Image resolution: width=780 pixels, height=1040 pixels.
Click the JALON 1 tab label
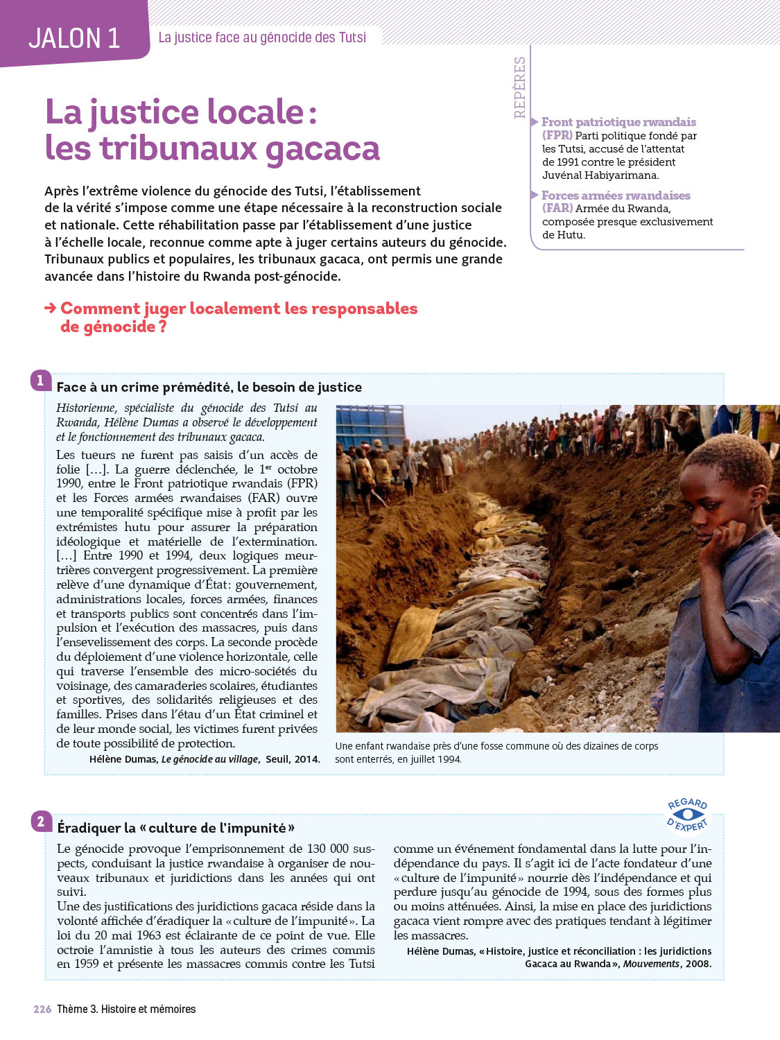point(74,38)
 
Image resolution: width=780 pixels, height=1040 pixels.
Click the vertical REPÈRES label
point(520,87)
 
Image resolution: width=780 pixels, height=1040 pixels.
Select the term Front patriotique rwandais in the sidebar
point(618,122)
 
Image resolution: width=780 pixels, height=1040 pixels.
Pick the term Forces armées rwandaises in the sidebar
point(616,196)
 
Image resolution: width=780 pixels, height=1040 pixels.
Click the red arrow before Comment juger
point(51,308)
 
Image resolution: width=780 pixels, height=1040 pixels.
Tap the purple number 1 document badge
point(40,380)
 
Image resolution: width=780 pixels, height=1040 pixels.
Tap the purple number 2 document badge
point(41,822)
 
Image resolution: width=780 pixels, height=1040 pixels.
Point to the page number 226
point(42,1009)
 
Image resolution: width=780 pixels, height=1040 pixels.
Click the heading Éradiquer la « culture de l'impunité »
point(176,828)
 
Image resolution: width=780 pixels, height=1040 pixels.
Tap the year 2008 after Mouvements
point(698,964)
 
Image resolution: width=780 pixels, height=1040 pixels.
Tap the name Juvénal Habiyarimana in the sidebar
point(600,175)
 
